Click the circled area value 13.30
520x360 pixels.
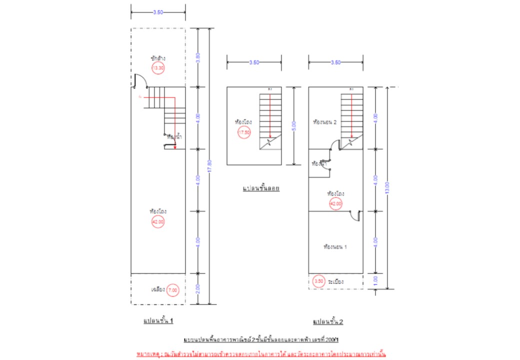[x=158, y=68]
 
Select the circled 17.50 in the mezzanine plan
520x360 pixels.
[x=244, y=132]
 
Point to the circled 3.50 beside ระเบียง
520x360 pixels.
[x=318, y=282]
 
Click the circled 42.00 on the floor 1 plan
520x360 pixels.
[x=158, y=221]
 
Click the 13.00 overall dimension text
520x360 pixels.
[x=387, y=187]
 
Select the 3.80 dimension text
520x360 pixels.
[x=198, y=57]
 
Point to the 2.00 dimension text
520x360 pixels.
[x=198, y=288]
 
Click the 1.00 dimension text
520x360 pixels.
[x=376, y=281]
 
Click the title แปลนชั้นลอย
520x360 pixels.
[x=260, y=188]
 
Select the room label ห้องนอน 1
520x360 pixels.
[x=335, y=246]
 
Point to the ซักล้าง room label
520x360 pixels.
[x=157, y=58]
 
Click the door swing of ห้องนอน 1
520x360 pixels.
[x=355, y=215]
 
